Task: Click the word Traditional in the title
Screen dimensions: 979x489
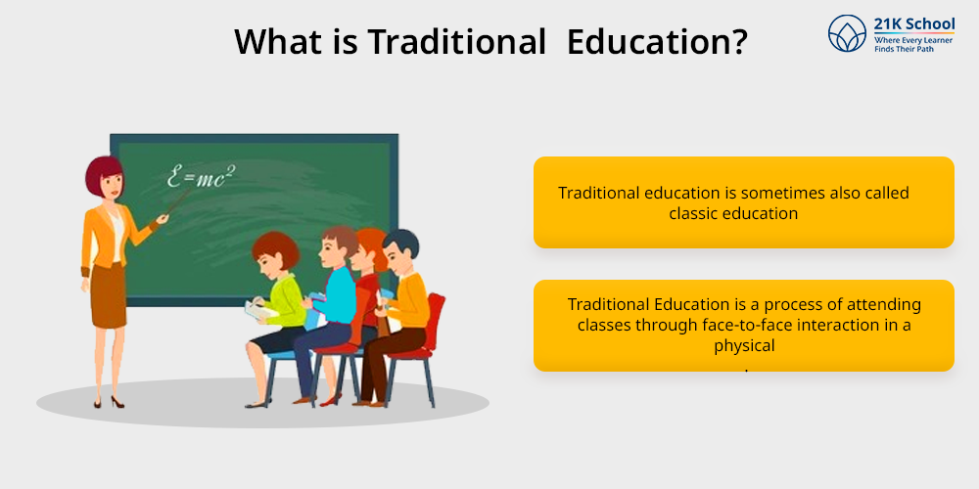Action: pos(456,42)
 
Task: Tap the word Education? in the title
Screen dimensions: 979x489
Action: pos(658,42)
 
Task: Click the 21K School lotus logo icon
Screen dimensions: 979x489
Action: pos(847,33)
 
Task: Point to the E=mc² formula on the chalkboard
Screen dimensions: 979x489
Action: pos(201,176)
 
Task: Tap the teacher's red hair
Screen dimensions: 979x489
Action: pos(103,175)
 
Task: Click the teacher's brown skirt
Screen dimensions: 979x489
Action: pos(109,295)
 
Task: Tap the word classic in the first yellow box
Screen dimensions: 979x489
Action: pos(693,214)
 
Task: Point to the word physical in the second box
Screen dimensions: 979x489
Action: pos(744,345)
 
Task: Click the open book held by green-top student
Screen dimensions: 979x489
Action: pos(256,310)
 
